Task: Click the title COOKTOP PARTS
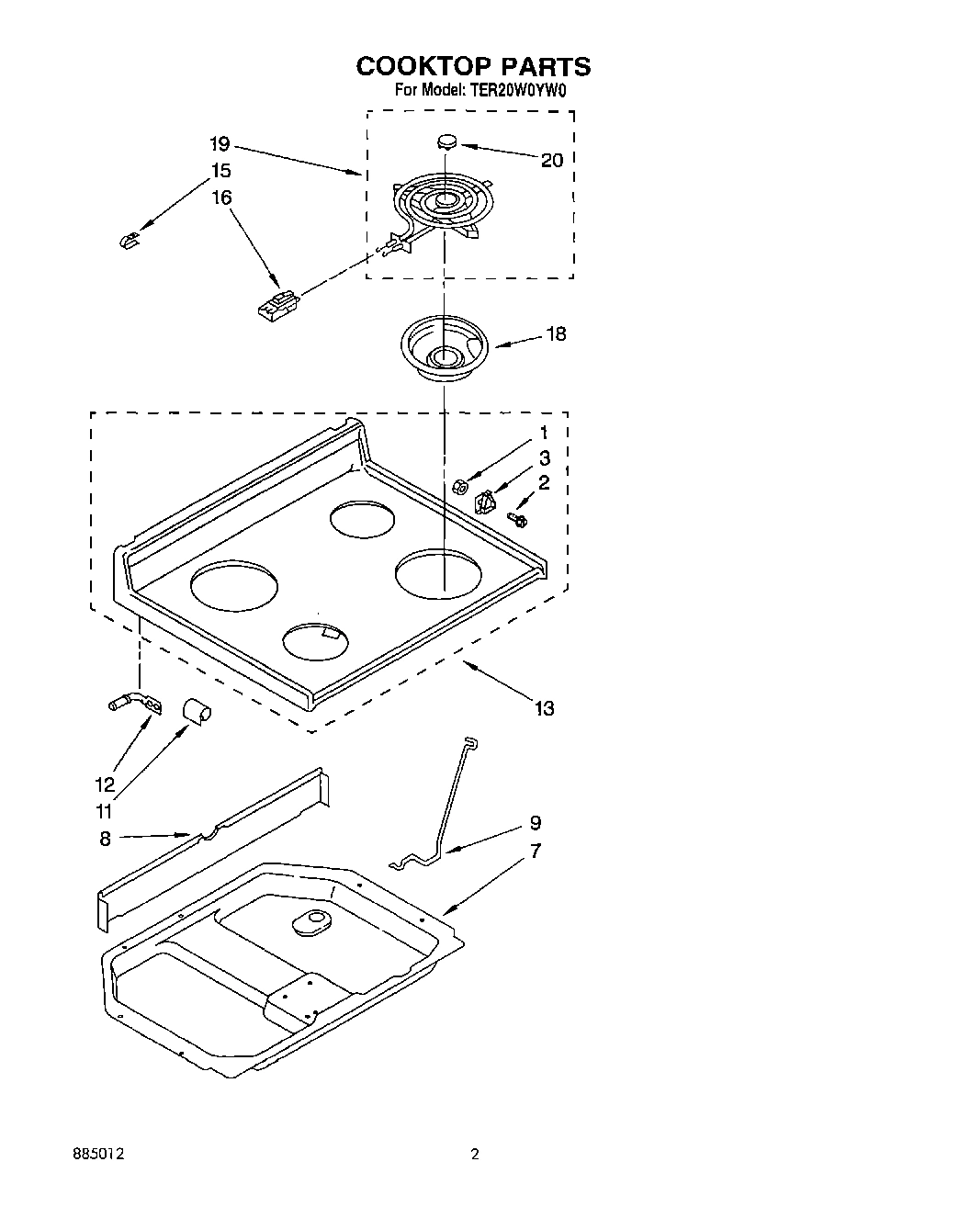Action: [x=473, y=66]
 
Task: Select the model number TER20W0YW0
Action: [x=517, y=91]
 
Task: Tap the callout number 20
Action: [x=551, y=161]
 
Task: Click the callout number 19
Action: [x=219, y=144]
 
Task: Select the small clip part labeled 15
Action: [x=129, y=241]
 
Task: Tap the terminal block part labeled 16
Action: [x=278, y=305]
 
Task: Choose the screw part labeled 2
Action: [x=518, y=521]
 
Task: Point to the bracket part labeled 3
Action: [x=484, y=502]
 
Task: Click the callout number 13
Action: [x=545, y=708]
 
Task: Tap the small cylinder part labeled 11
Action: [x=196, y=709]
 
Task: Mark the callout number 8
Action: [x=105, y=838]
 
